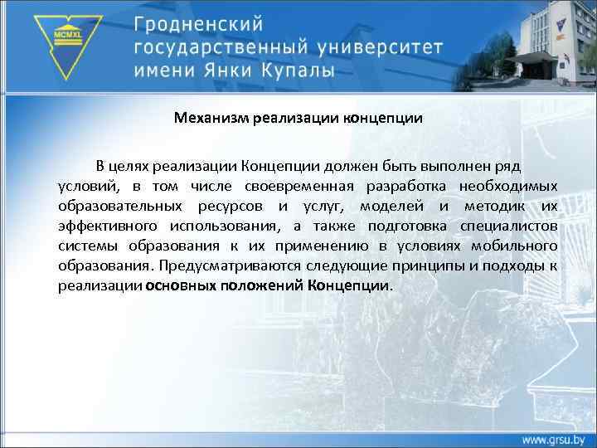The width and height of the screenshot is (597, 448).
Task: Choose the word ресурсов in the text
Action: click(x=231, y=205)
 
